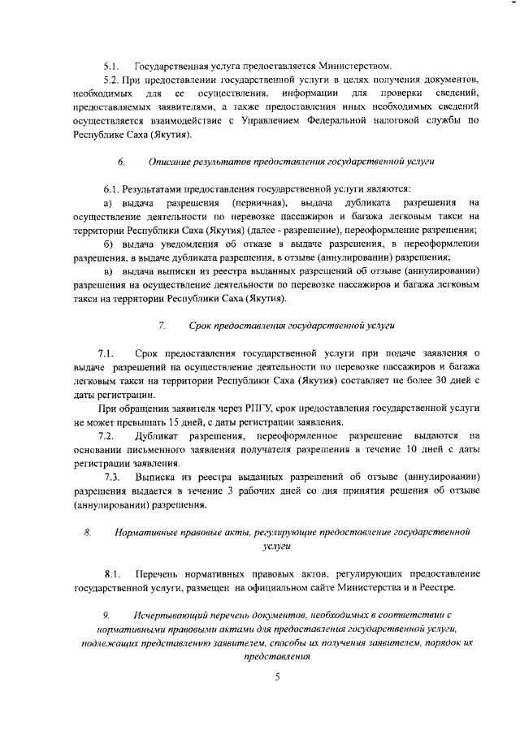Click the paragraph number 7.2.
(x=108, y=437)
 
